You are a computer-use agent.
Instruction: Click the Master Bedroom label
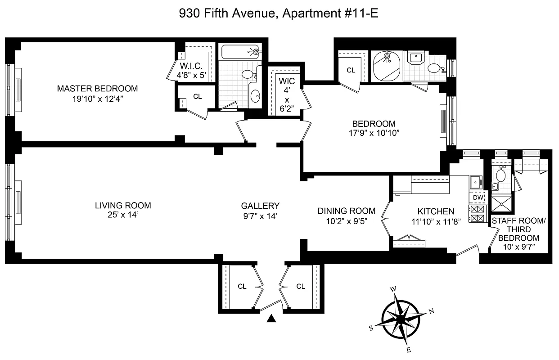pyautogui.click(x=97, y=89)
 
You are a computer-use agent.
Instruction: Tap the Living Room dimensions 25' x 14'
pyautogui.click(x=123, y=215)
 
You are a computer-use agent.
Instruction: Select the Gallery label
pyautogui.click(x=260, y=206)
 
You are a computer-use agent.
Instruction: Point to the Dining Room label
pyautogui.click(x=347, y=211)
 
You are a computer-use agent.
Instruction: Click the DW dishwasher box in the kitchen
pyautogui.click(x=478, y=198)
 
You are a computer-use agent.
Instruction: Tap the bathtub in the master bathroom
pyautogui.click(x=240, y=52)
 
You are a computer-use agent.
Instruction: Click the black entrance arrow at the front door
pyautogui.click(x=271, y=319)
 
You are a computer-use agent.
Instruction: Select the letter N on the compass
pyautogui.click(x=431, y=311)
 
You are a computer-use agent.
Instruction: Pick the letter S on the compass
pyautogui.click(x=371, y=328)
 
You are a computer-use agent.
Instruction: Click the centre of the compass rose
pyautogui.click(x=401, y=319)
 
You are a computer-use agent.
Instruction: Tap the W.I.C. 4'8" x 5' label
pyautogui.click(x=191, y=71)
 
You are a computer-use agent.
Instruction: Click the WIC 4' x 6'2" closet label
pyautogui.click(x=287, y=95)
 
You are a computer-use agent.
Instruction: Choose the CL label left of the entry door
pyautogui.click(x=242, y=286)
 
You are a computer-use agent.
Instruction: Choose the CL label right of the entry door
pyautogui.click(x=301, y=286)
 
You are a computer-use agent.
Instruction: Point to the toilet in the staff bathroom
pyautogui.click(x=500, y=174)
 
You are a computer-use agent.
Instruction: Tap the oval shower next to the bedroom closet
pyautogui.click(x=387, y=66)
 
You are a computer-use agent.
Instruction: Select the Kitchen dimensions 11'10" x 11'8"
pyautogui.click(x=436, y=221)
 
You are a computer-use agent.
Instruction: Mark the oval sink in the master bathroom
pyautogui.click(x=255, y=96)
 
